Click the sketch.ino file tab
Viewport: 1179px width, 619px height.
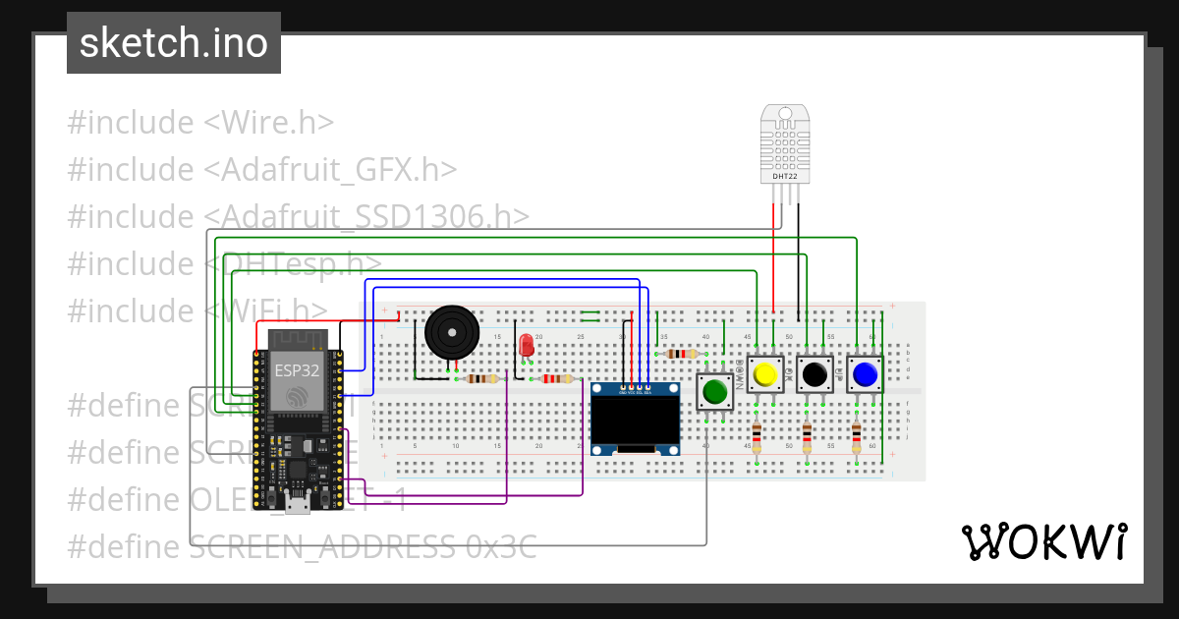(174, 43)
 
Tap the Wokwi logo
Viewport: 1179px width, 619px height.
(1042, 541)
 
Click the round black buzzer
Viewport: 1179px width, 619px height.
(452, 333)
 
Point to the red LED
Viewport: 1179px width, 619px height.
(527, 346)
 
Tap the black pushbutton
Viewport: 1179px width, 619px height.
(814, 374)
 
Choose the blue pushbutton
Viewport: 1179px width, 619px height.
(865, 374)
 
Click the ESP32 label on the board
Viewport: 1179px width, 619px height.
(296, 370)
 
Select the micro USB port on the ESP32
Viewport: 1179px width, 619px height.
(296, 505)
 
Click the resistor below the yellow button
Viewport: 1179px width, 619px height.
(757, 434)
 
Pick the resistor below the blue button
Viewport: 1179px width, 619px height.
(857, 434)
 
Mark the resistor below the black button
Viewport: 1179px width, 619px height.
(807, 434)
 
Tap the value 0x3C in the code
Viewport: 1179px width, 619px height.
(500, 546)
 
